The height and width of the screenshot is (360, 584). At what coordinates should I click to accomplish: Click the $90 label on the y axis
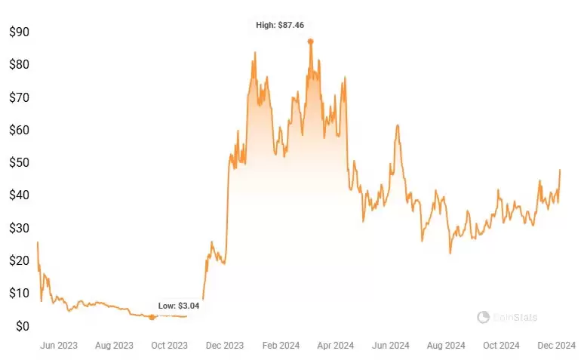pyautogui.click(x=19, y=32)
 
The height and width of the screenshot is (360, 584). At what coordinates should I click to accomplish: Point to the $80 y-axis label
pyautogui.click(x=19, y=65)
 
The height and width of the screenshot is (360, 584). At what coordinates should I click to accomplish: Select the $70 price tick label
pyautogui.click(x=19, y=97)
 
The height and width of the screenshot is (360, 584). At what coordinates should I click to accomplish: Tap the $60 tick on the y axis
pyautogui.click(x=19, y=130)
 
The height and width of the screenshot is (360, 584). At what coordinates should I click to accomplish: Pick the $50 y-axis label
pyautogui.click(x=19, y=162)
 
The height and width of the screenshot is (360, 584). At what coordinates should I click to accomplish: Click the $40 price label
pyautogui.click(x=19, y=195)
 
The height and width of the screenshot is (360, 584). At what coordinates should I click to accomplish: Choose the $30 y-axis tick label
pyautogui.click(x=19, y=228)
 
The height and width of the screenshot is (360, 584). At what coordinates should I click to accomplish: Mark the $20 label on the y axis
pyautogui.click(x=19, y=260)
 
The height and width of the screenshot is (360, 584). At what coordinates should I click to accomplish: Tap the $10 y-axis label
pyautogui.click(x=19, y=293)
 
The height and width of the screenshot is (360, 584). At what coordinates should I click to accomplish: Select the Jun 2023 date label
pyautogui.click(x=58, y=346)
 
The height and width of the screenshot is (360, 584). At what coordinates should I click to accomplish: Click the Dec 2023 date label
pyautogui.click(x=224, y=346)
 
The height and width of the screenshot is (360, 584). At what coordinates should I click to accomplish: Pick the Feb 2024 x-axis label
pyautogui.click(x=280, y=346)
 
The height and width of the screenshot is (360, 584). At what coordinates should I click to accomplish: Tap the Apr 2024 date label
pyautogui.click(x=335, y=346)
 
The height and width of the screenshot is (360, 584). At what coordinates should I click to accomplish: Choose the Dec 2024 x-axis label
pyautogui.click(x=557, y=346)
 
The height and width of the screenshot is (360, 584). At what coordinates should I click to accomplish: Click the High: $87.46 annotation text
pyautogui.click(x=280, y=25)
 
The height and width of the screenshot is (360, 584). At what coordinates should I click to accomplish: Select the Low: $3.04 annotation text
pyautogui.click(x=179, y=306)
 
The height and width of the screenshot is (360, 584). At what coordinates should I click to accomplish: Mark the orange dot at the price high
pyautogui.click(x=310, y=42)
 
